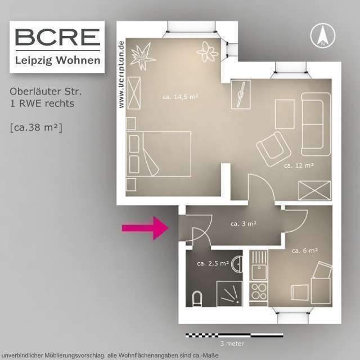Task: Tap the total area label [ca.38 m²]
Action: tap(36, 127)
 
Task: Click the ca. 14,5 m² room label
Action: tap(180, 97)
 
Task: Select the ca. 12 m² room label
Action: tap(298, 165)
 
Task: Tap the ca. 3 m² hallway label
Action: tap(244, 223)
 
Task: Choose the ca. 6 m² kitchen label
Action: tap(305, 250)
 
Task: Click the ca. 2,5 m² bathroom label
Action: tap(213, 263)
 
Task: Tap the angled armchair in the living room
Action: tap(273, 146)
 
